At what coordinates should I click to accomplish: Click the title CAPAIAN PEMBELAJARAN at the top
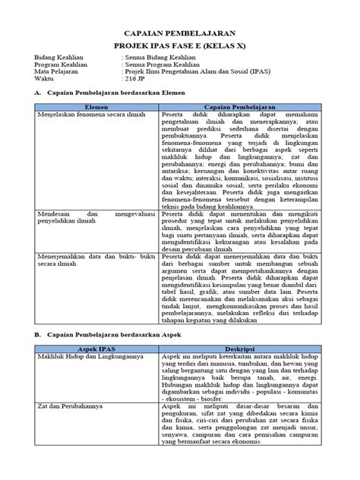(x=179, y=33)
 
